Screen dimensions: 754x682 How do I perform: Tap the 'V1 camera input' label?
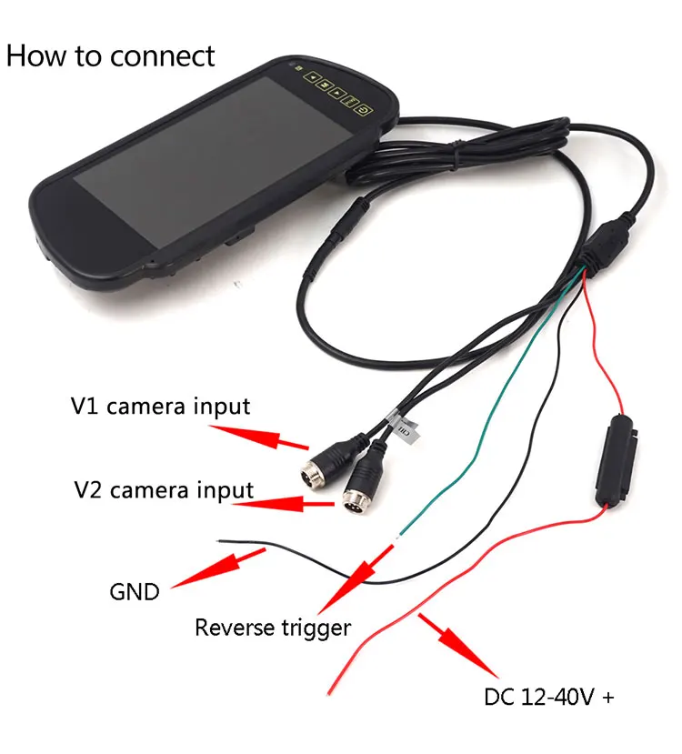tap(160, 406)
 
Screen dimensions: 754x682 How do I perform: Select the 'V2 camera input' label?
tap(164, 491)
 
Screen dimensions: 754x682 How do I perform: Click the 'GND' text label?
tap(135, 592)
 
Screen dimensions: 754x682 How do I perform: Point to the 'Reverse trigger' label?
tap(273, 627)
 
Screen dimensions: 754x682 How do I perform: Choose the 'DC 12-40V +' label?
tap(549, 699)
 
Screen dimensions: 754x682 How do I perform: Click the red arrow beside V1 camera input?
tap(281, 437)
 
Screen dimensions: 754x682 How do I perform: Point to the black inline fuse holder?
tap(614, 460)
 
